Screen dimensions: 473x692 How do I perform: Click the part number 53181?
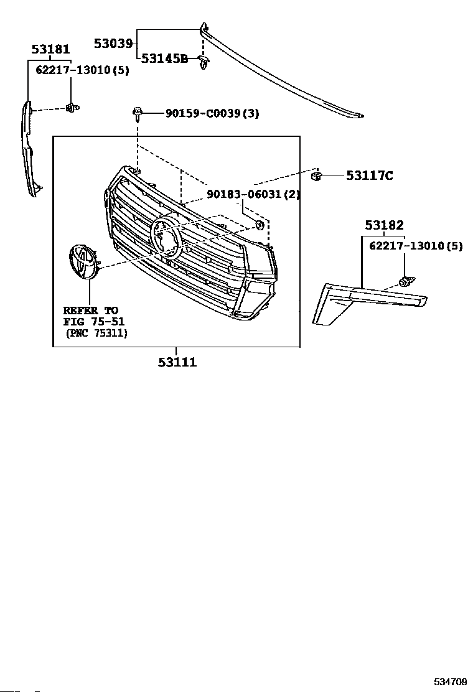(51, 49)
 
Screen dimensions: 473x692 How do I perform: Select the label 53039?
(113, 44)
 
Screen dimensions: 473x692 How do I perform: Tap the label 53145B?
(164, 58)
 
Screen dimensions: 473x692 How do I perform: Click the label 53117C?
(369, 175)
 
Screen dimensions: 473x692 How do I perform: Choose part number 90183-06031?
(244, 194)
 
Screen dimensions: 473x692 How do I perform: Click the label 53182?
(384, 225)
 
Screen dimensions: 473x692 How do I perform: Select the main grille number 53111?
(177, 362)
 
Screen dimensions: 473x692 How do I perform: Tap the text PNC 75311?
(97, 333)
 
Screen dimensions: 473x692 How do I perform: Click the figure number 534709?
(449, 682)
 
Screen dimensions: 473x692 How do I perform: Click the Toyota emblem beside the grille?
(83, 263)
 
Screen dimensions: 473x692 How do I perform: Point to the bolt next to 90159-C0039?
(137, 113)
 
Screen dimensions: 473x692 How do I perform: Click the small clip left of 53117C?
(316, 176)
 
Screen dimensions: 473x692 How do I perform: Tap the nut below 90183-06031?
(260, 225)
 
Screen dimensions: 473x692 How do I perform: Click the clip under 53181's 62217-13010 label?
(72, 107)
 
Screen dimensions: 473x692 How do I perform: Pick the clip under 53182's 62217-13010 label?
(406, 281)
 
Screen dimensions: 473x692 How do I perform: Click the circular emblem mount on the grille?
(166, 236)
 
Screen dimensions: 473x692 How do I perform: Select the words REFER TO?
(90, 311)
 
